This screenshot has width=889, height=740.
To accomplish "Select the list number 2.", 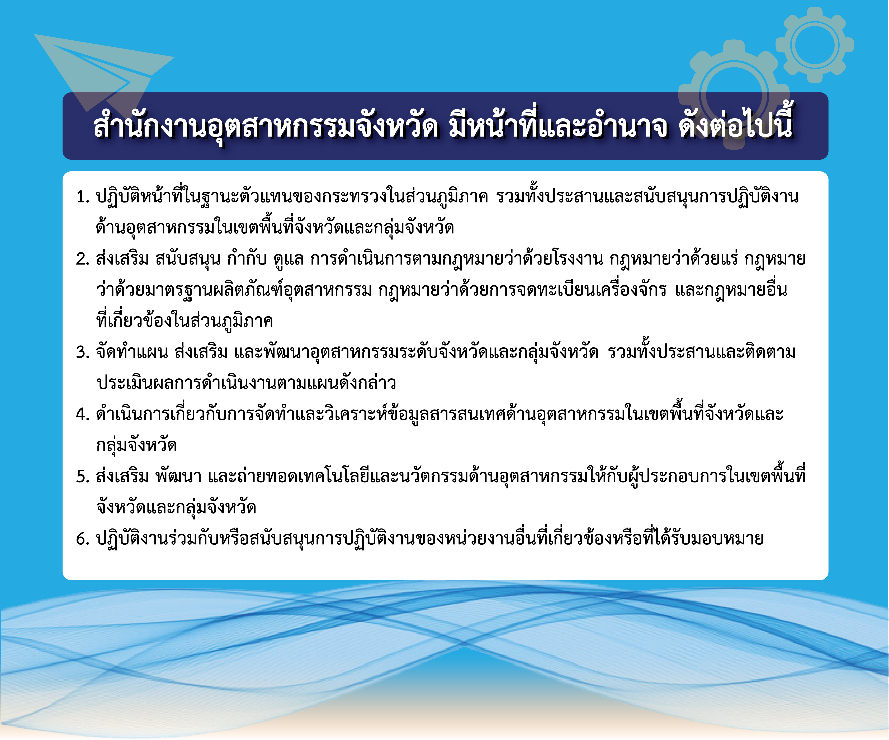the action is click(x=83, y=259).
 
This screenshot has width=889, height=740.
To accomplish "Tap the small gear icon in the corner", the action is click(x=815, y=45).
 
